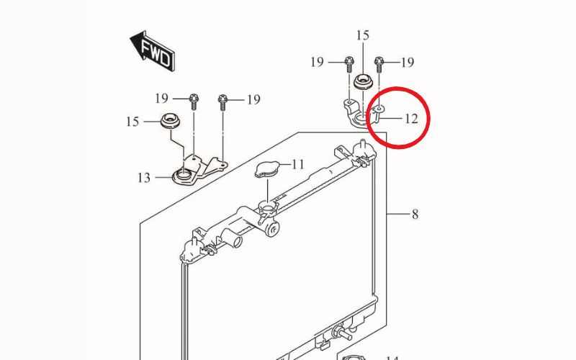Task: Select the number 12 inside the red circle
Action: [x=411, y=118]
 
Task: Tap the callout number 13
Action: [x=144, y=177]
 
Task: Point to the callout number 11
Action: [x=297, y=165]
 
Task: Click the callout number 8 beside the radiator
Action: [x=415, y=214]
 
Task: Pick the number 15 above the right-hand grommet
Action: [x=362, y=35]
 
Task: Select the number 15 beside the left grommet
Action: [x=132, y=122]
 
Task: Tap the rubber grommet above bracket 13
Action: [x=171, y=122]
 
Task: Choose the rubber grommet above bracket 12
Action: [x=362, y=81]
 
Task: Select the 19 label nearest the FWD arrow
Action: [x=161, y=98]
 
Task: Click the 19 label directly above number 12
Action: [x=408, y=63]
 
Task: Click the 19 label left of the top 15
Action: [x=318, y=63]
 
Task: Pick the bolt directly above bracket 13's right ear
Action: [x=222, y=101]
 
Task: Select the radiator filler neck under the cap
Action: [x=268, y=212]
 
